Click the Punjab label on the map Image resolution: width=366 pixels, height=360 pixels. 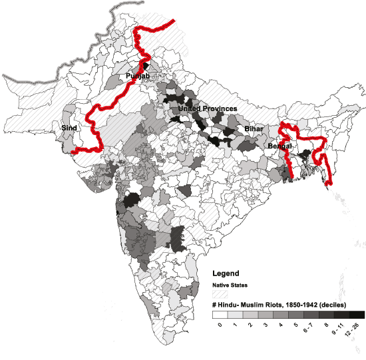click(x=136, y=77)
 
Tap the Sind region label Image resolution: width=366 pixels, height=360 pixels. click(x=69, y=126)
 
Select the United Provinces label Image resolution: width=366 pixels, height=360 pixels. click(x=208, y=108)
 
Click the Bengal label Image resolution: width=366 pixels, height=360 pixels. click(x=280, y=145)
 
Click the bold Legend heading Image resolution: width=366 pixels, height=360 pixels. click(x=226, y=273)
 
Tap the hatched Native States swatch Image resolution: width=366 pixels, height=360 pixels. click(x=220, y=293)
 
